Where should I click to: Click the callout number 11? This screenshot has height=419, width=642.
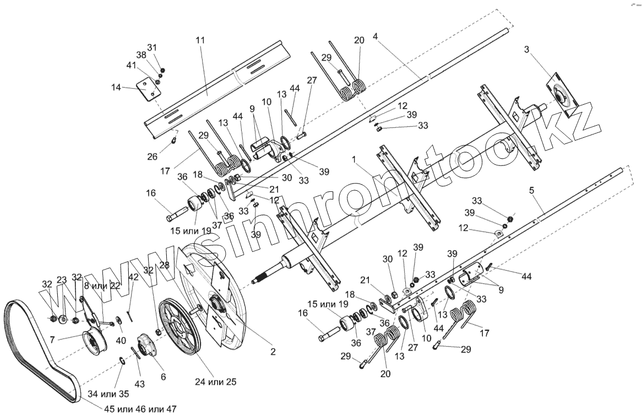(x=200, y=40)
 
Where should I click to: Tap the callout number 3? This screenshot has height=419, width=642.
(x=527, y=50)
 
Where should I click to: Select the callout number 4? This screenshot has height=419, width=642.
(x=375, y=37)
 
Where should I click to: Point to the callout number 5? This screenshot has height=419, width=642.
(x=531, y=191)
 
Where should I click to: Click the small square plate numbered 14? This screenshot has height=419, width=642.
(x=145, y=90)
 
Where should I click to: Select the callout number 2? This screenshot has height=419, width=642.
(x=273, y=351)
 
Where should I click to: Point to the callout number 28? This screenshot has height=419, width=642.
(x=164, y=265)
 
